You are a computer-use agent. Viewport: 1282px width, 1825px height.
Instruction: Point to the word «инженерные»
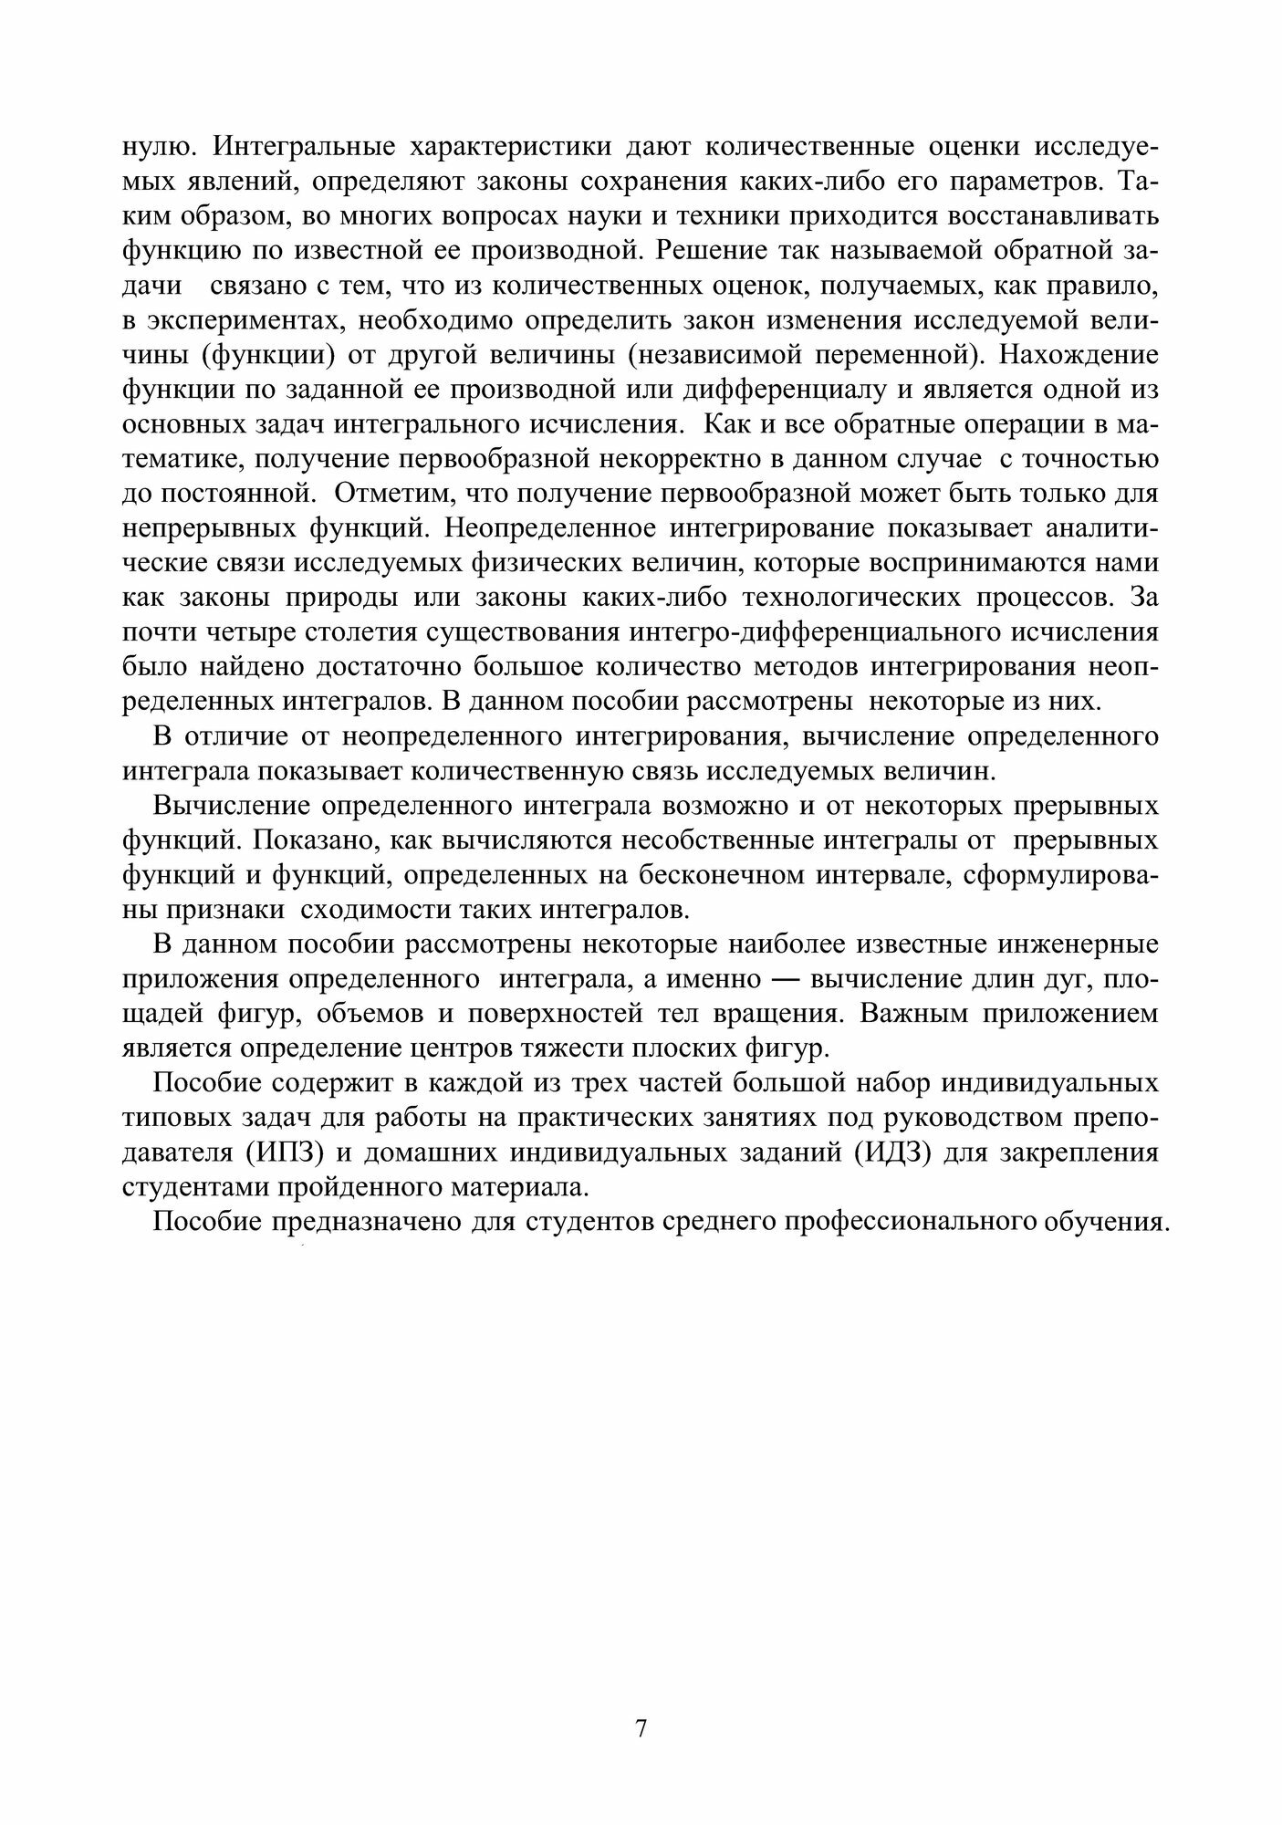point(1087,944)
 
